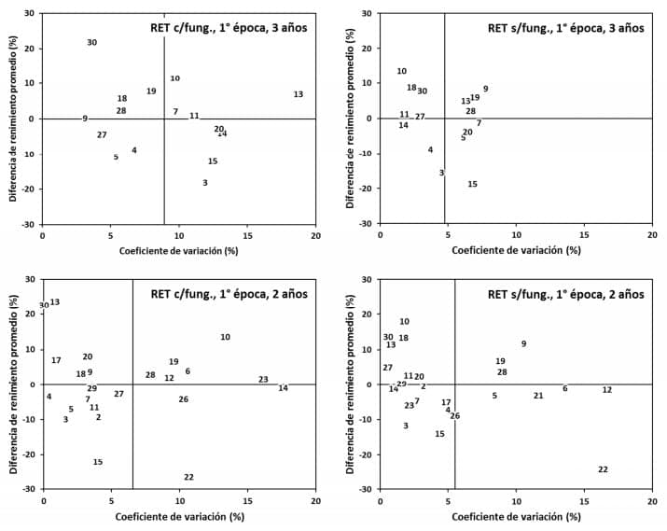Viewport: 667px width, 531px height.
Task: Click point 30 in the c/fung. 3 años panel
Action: pos(92,43)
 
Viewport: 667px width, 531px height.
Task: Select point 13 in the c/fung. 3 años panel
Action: pos(299,94)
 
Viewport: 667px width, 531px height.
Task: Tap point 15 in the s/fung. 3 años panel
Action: pos(473,184)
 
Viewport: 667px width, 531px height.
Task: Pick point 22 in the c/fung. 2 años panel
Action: pos(188,477)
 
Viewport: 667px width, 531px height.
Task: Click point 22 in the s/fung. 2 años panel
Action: pos(603,469)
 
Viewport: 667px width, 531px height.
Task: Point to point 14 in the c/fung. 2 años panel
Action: pos(283,388)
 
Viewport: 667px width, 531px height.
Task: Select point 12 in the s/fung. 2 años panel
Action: pos(607,390)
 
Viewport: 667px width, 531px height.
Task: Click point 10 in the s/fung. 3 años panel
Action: pos(402,71)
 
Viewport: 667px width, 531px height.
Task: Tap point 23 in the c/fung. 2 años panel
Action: pos(263,380)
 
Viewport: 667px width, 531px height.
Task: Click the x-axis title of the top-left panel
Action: pos(179,251)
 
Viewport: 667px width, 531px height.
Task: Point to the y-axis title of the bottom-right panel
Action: pos(351,384)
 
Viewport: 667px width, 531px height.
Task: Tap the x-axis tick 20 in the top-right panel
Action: pos(652,236)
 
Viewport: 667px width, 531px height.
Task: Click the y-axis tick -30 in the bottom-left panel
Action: pos(30,489)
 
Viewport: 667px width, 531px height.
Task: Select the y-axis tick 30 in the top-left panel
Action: pos(30,14)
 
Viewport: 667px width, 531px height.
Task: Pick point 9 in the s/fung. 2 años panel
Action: pos(523,343)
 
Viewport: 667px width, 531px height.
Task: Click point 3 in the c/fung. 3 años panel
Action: pos(205,183)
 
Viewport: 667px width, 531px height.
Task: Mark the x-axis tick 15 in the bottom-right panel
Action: pos(584,502)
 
